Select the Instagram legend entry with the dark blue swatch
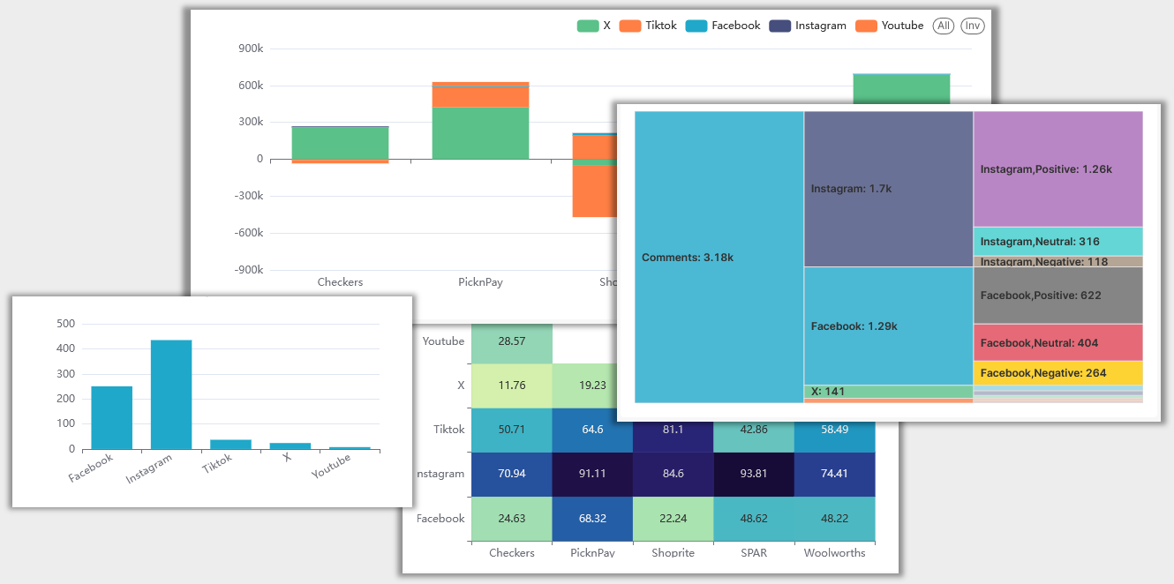pyautogui.click(x=808, y=26)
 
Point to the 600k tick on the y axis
pyautogui.click(x=251, y=86)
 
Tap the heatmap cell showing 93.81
pyautogui.click(x=754, y=474)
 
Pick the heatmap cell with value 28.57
pyautogui.click(x=512, y=341)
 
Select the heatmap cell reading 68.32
pyautogui.click(x=592, y=519)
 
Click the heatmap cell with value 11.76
pyautogui.click(x=512, y=386)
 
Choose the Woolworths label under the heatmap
pyautogui.click(x=834, y=553)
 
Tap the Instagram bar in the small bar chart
pyautogui.click(x=171, y=394)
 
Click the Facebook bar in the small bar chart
pyautogui.click(x=112, y=417)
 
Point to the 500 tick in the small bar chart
pyautogui.click(x=65, y=324)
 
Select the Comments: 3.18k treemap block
pyautogui.click(x=719, y=258)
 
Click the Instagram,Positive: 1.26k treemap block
pyautogui.click(x=1057, y=168)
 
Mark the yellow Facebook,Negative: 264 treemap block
pyautogui.click(x=1057, y=373)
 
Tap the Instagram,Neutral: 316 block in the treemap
pyautogui.click(x=1057, y=242)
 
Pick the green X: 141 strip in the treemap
pyautogui.click(x=888, y=392)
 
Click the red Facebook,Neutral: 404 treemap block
pyautogui.click(x=1057, y=342)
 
